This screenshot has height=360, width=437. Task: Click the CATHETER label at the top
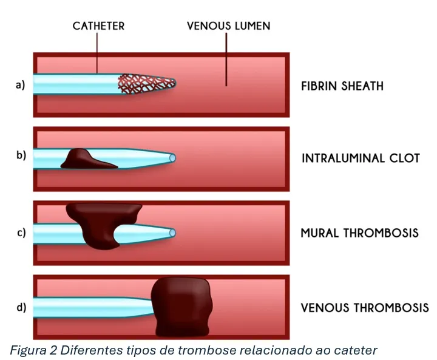pos(98,26)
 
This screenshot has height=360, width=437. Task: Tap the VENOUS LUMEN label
pos(228,26)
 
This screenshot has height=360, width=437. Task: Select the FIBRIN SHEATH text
pos(342,86)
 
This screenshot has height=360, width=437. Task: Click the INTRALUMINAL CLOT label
pos(361,158)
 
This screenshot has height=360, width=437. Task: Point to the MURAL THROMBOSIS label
pos(359,233)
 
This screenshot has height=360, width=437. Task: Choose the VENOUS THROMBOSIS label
pos(364,307)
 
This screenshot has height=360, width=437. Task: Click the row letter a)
pos(20,84)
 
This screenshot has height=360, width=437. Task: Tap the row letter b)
pos(20,155)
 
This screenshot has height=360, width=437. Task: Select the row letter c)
pos(20,233)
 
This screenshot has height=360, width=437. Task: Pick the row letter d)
pos(20,307)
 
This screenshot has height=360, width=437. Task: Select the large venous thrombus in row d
pos(181,307)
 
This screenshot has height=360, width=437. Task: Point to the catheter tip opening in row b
pos(173,158)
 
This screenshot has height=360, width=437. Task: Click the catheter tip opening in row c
pos(173,233)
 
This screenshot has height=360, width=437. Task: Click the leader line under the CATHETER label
pos(97,55)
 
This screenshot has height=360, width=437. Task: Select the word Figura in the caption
pos(29,350)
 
